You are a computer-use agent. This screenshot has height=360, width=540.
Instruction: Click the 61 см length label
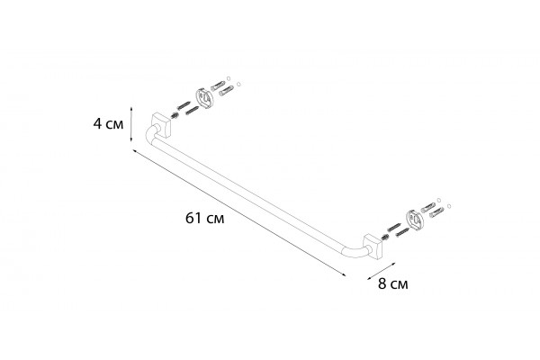click(x=204, y=218)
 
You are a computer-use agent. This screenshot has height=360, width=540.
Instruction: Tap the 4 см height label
click(x=108, y=123)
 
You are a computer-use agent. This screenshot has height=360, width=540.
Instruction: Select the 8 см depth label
click(x=393, y=284)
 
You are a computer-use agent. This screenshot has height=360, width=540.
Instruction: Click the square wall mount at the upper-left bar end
click(x=161, y=125)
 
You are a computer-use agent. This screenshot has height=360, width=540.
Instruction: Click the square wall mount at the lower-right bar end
click(x=373, y=247)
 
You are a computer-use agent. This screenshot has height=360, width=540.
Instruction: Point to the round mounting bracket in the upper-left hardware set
click(x=205, y=97)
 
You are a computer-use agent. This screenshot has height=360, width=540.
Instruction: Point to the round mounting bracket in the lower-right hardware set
click(x=414, y=220)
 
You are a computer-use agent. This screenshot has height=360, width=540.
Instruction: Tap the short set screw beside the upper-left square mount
click(x=175, y=116)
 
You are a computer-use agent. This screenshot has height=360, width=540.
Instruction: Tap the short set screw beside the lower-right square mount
click(x=384, y=237)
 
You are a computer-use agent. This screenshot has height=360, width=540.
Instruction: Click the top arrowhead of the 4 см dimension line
click(x=130, y=108)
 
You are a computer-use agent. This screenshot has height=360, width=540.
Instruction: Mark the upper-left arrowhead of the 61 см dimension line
click(x=134, y=151)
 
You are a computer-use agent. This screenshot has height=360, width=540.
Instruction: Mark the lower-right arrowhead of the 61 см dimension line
click(x=344, y=275)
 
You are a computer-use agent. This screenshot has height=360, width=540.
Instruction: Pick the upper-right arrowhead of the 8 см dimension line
click(x=393, y=263)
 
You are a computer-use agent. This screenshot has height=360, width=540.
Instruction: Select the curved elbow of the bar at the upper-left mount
click(x=150, y=135)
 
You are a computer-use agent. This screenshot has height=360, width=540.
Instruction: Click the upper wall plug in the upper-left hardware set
click(x=218, y=85)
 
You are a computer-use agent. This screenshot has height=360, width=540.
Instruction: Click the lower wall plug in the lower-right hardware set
click(x=436, y=212)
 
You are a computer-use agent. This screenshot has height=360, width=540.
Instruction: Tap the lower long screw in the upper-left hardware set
click(x=193, y=111)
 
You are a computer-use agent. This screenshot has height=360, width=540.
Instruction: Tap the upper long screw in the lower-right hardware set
click(x=393, y=228)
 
